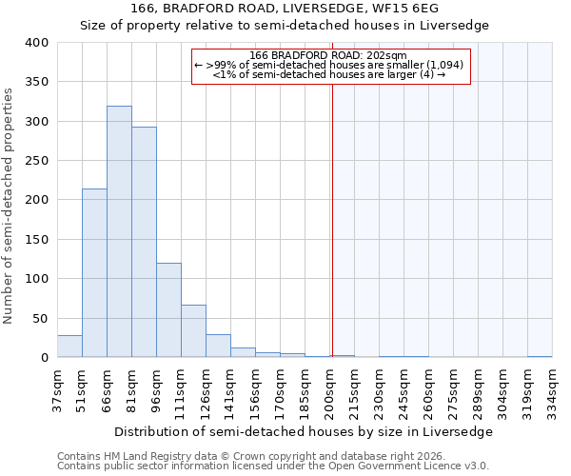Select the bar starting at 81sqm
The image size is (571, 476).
[144, 242]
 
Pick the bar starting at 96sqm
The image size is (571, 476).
[168, 310]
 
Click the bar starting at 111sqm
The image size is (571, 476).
[193, 331]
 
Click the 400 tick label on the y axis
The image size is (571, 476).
[36, 43]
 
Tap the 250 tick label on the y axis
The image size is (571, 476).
[36, 161]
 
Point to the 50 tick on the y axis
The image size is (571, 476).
[40, 318]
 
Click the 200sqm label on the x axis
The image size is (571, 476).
[330, 390]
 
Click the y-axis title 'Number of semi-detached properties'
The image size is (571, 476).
[9, 205]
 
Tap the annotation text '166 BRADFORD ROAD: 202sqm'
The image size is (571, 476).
[329, 55]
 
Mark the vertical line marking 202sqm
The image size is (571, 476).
[332, 209]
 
